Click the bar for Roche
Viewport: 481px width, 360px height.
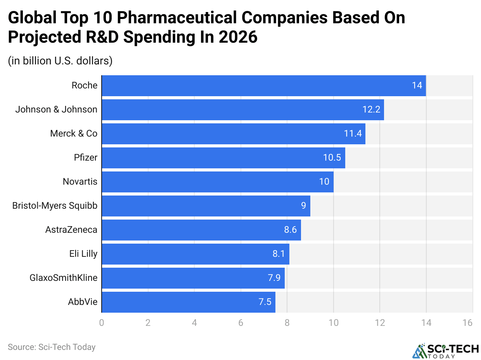pyautogui.click(x=264, y=86)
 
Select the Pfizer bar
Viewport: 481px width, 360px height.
pyautogui.click(x=223, y=158)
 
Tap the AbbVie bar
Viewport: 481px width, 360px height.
pyautogui.click(x=189, y=302)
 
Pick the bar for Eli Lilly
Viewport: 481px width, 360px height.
pyautogui.click(x=196, y=254)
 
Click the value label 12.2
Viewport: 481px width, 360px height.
pyautogui.click(x=371, y=110)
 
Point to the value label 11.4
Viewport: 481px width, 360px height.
pyautogui.click(x=353, y=134)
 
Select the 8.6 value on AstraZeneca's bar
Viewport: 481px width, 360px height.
pyautogui.click(x=290, y=230)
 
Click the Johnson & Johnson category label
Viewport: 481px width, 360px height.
pyautogui.click(x=56, y=110)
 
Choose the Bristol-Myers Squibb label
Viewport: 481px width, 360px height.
pyautogui.click(x=55, y=206)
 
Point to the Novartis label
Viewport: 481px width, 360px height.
pyautogui.click(x=80, y=182)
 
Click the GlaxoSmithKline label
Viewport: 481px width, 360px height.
pyautogui.click(x=63, y=278)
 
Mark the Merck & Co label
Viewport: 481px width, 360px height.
pyautogui.click(x=74, y=134)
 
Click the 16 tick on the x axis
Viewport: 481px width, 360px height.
pyautogui.click(x=467, y=323)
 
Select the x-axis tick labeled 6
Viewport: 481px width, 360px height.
pyautogui.click(x=241, y=323)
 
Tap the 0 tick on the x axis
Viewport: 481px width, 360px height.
pyautogui.click(x=102, y=323)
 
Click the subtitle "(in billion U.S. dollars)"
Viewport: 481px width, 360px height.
pyautogui.click(x=60, y=61)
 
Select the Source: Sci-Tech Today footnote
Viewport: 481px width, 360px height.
pyautogui.click(x=52, y=347)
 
